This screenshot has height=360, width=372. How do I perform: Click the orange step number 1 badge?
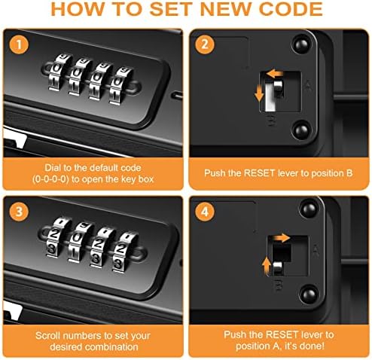[19, 44]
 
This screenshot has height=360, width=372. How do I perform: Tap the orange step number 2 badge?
[205, 44]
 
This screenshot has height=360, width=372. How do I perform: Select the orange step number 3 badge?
[19, 212]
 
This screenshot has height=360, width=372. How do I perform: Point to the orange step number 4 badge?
[205, 212]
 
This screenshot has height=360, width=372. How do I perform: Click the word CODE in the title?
[291, 9]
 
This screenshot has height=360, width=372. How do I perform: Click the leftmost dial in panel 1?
[56, 72]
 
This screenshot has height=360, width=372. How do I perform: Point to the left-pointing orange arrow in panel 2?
[275, 74]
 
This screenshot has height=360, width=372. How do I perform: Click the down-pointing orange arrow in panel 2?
[259, 93]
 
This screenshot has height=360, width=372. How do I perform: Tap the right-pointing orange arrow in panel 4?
[282, 237]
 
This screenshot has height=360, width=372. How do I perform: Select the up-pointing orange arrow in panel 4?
[267, 267]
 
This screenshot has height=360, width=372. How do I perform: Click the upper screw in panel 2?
[301, 44]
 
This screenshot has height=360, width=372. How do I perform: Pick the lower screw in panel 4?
[309, 293]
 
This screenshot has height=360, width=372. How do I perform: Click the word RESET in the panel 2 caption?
[259, 173]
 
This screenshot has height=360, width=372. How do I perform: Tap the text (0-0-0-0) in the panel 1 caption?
[50, 179]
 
